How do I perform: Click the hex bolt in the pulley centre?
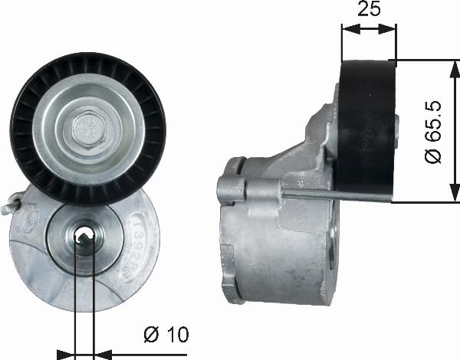point(88,128)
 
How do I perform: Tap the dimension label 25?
point(369,8)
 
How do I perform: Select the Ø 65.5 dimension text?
point(433,132)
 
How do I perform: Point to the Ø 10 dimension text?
point(166,335)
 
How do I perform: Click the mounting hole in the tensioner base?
point(84,236)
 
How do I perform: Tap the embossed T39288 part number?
point(143,246)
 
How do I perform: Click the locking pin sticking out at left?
point(11,203)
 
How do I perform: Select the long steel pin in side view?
point(334,194)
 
